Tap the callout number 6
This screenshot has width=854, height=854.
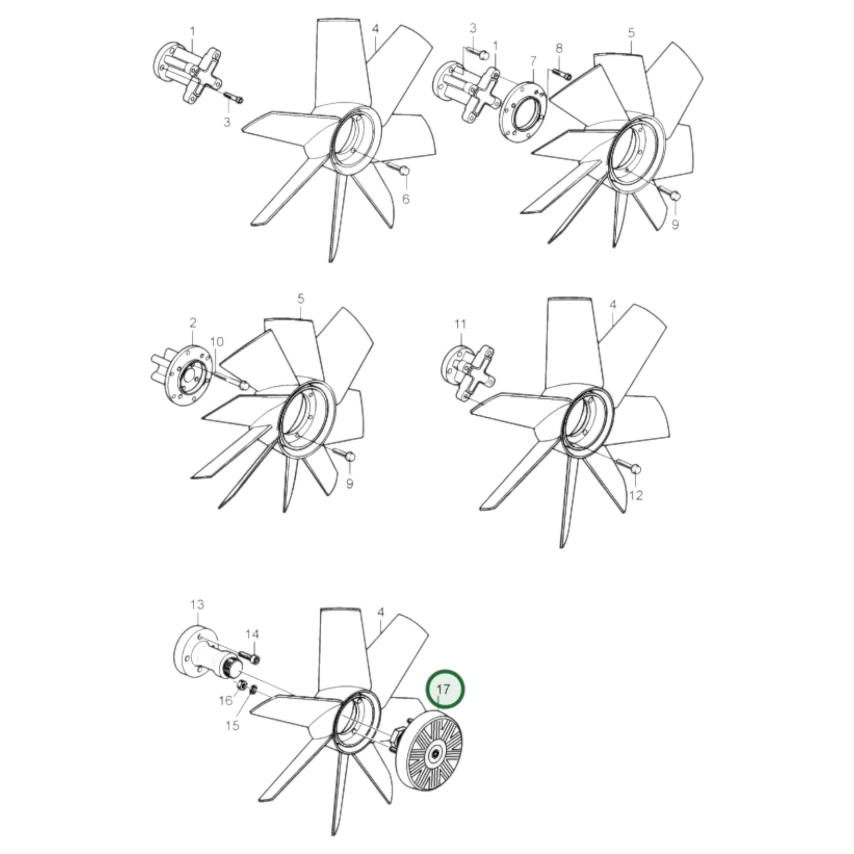tap(406, 199)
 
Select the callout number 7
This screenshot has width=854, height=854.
tap(533, 60)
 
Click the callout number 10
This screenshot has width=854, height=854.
tap(217, 341)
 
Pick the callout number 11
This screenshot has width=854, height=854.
tap(461, 324)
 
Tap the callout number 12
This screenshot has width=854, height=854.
tap(635, 495)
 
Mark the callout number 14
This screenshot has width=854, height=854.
tap(252, 634)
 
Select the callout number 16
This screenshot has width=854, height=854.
tap(226, 700)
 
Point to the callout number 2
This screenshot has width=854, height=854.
tap(193, 323)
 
